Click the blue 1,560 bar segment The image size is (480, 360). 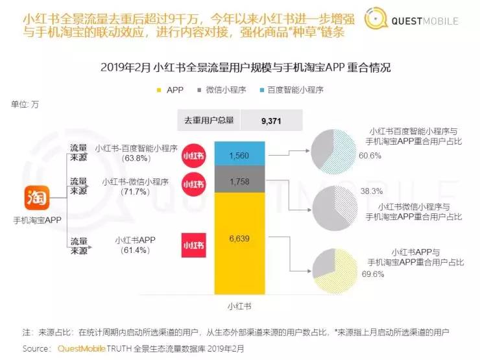[239, 153]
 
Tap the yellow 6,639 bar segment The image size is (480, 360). [239, 239]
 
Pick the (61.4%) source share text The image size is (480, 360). [136, 251]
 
